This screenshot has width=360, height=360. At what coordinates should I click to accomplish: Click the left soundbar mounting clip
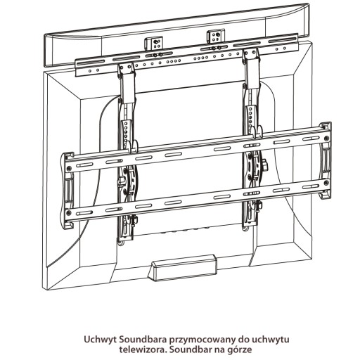coord(153,43)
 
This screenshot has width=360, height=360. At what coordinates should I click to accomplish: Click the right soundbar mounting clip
coord(216,37)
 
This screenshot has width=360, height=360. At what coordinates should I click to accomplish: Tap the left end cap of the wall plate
coord(67,191)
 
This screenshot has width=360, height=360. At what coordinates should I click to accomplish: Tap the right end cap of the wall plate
coord(326,160)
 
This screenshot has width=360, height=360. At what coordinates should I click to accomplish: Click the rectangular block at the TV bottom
coord(183,267)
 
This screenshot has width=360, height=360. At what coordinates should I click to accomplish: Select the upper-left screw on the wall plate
coord(69,168)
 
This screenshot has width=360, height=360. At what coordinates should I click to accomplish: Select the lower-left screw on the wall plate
coord(69,212)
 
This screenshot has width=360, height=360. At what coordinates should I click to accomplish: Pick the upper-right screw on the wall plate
coord(326,139)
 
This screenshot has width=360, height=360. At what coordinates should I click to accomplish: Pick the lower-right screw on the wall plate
coord(326,182)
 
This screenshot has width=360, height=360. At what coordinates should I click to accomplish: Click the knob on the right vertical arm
coord(265,164)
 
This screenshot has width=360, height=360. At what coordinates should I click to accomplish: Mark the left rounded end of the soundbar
coord(47,51)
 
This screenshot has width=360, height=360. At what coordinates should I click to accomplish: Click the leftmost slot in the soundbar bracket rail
coord(91,63)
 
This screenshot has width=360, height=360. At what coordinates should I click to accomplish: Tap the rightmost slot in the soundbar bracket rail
coord(283,40)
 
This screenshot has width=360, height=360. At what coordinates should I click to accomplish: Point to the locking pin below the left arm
coord(135,220)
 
